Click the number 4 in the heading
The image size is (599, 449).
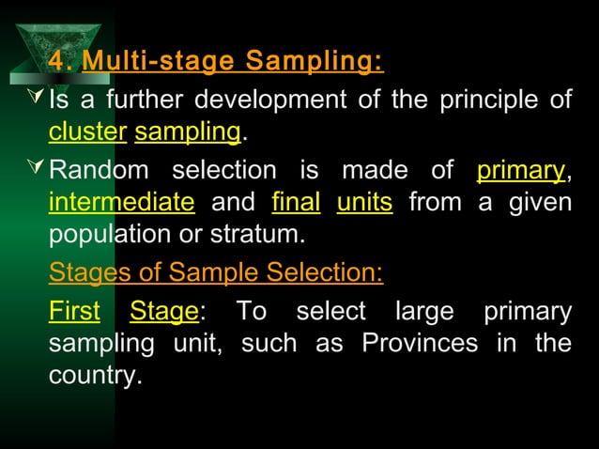tap(57, 62)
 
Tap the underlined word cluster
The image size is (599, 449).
tap(87, 133)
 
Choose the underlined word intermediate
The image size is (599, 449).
tap(121, 202)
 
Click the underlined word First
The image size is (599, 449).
tap(74, 312)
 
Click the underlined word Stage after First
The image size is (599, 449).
tap(163, 312)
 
